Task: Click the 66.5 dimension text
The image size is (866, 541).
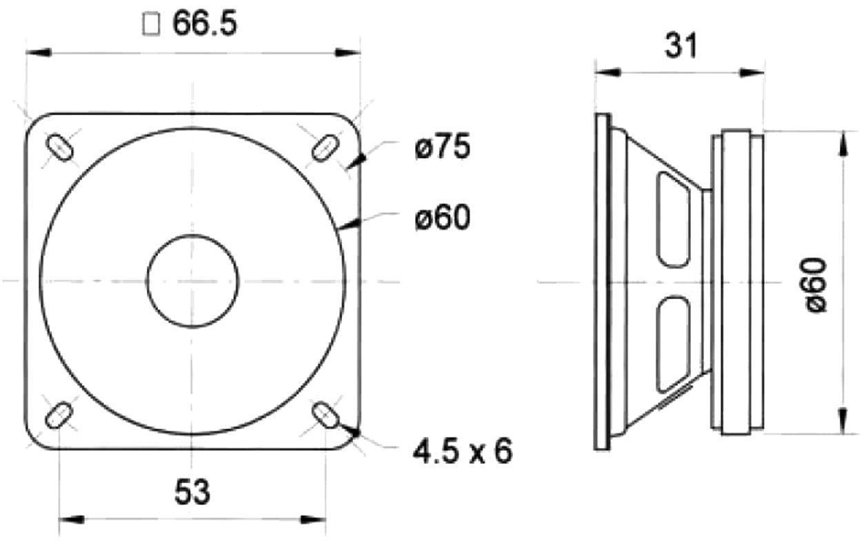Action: tap(204, 24)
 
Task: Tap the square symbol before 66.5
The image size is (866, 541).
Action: tap(151, 25)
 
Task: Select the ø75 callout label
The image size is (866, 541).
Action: tap(443, 146)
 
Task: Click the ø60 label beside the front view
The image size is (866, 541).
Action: tap(443, 217)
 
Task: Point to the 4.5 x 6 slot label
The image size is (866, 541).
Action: tap(463, 451)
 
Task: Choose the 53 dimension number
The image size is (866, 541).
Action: tap(192, 492)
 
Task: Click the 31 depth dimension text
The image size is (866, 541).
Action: tap(681, 45)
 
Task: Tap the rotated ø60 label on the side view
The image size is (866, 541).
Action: tap(816, 285)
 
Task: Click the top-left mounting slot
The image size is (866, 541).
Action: tap(59, 147)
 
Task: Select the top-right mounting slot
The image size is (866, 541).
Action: tap(325, 147)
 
